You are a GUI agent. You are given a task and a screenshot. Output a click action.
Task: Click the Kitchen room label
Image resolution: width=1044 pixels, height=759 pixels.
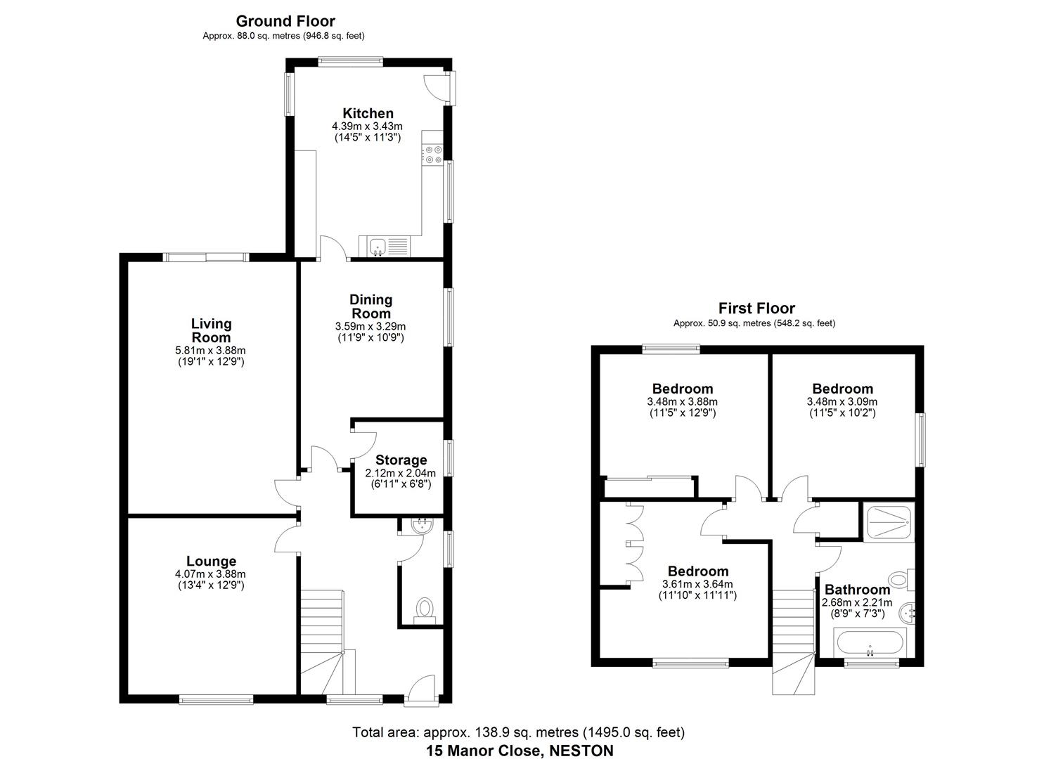point(368,113)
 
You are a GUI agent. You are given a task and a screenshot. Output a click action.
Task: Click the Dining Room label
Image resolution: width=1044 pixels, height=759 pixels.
point(370,306)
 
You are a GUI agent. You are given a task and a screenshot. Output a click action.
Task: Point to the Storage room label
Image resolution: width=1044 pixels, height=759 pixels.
point(401,460)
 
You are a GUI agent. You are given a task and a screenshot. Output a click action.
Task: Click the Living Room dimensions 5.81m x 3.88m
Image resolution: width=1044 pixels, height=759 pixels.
point(211,350)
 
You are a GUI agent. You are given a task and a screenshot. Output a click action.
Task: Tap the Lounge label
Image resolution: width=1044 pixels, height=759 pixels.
point(211,561)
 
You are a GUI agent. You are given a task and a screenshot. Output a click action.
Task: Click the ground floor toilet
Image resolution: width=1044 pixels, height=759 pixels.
point(424,609)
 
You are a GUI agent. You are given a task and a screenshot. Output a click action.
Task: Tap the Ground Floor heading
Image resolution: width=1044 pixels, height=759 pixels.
point(285,21)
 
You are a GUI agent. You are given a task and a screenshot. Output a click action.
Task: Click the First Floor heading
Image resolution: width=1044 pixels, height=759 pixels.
point(756,308)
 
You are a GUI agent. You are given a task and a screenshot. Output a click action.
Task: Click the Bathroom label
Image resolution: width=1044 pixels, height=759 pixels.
point(857,590)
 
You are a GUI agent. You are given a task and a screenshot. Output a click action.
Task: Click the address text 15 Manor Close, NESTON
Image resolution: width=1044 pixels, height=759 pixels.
point(519,750)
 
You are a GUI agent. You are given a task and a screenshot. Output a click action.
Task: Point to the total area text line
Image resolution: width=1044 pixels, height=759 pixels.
point(518,732)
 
